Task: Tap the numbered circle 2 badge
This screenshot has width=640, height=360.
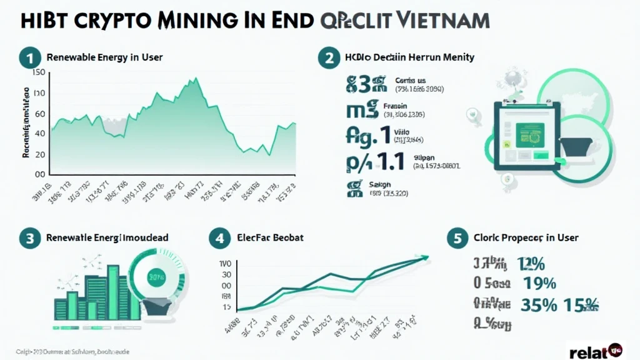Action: click(329, 57)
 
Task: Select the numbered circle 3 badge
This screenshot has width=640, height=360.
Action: click(29, 238)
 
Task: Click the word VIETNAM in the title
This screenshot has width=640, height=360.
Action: click(439, 19)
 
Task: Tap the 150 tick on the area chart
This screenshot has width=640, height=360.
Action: click(37, 72)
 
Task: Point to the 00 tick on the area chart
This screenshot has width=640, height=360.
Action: click(39, 174)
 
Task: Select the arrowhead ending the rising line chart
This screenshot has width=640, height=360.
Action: click(426, 256)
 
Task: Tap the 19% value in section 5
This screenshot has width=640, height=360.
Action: click(540, 283)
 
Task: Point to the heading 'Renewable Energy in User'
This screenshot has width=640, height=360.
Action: click(104, 57)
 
